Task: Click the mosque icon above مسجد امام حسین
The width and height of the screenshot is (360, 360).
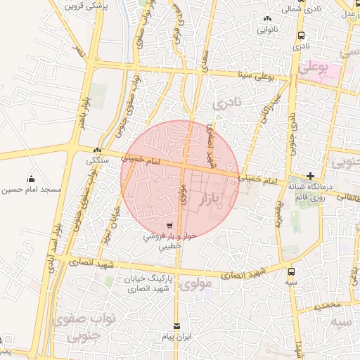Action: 30,179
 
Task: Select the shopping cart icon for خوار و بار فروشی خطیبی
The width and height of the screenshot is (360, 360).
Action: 169,226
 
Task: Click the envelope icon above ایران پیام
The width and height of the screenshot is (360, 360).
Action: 176,326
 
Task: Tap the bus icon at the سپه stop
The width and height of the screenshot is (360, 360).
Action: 292,270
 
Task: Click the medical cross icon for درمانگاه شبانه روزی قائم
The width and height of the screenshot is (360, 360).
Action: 310,176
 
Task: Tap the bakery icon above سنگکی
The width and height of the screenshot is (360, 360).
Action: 97,150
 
